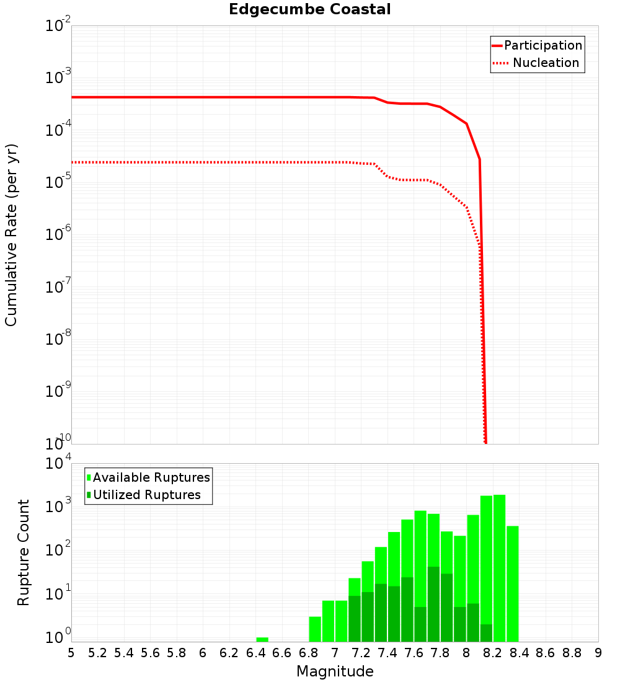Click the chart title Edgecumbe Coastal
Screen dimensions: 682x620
point(309,9)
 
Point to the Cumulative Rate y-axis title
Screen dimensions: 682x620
point(11,234)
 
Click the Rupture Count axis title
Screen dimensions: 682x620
point(24,552)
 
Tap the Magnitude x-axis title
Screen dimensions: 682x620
point(335,671)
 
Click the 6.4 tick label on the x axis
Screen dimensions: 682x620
point(255,653)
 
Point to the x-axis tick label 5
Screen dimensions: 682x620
point(71,653)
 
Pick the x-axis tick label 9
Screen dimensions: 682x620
point(598,653)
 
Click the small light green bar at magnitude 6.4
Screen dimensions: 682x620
point(262,639)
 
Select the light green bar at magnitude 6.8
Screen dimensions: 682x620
point(315,629)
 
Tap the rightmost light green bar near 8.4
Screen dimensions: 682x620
point(513,583)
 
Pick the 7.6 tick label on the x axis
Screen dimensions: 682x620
point(414,653)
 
